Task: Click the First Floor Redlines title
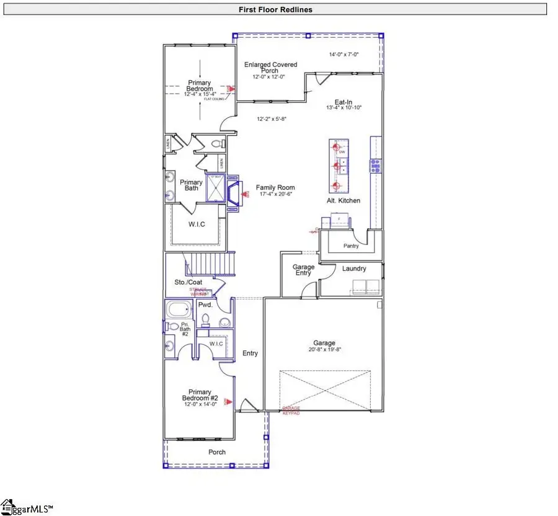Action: click(275, 9)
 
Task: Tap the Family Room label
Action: click(276, 187)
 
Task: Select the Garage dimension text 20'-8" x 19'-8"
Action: click(324, 350)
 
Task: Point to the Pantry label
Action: click(351, 246)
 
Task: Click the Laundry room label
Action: click(353, 269)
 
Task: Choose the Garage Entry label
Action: click(303, 270)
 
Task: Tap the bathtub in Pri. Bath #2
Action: click(180, 309)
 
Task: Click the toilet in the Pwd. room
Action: click(206, 319)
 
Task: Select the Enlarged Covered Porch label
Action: click(270, 68)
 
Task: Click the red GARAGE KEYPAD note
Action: click(291, 411)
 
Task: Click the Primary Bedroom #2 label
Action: click(200, 394)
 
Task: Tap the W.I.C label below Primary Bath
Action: click(197, 223)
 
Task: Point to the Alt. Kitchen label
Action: click(343, 201)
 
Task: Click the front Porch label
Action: click(217, 452)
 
